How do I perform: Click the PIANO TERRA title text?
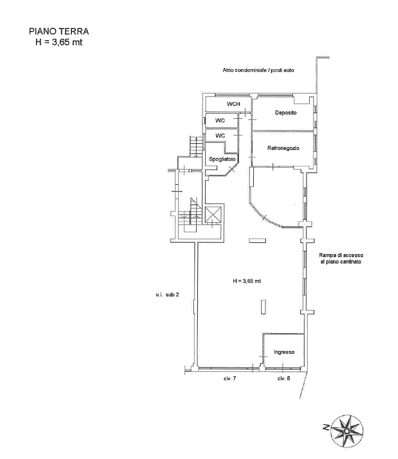(59, 31)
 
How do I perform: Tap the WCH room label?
(234, 104)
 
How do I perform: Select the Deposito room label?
(285, 113)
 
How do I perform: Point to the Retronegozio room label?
(283, 148)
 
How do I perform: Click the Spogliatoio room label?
(222, 159)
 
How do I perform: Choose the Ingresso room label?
(284, 352)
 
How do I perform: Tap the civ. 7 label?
(230, 379)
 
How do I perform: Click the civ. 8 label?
(284, 379)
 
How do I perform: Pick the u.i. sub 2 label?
(167, 295)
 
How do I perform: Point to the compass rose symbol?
(346, 431)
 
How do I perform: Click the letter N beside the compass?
(326, 428)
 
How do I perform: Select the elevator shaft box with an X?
(213, 214)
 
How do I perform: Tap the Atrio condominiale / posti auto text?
(258, 70)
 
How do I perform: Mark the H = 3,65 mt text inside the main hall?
(247, 281)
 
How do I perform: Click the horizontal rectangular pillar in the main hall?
(257, 241)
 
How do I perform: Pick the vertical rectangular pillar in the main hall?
(263, 307)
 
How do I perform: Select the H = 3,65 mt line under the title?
(59, 42)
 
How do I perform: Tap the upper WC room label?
(220, 120)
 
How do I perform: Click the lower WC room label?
(220, 136)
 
